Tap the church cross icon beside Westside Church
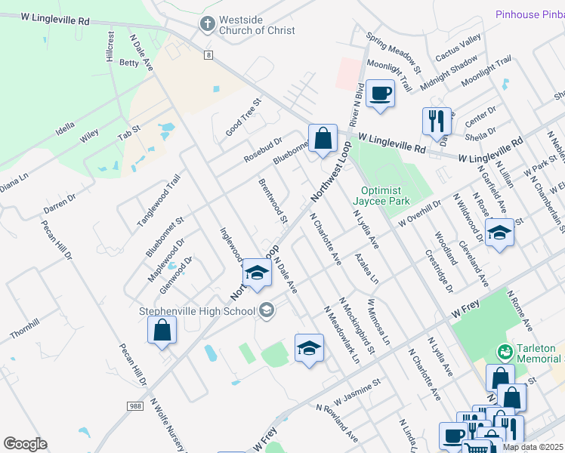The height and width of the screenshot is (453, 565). point(206,24)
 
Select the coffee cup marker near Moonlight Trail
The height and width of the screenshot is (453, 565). point(380,94)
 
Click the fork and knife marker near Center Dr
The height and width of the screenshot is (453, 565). point(437,121)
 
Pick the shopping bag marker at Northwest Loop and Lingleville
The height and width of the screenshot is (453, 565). point(323,139)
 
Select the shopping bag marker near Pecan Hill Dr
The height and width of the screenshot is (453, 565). point(162,330)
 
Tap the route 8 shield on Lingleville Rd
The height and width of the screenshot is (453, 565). point(208,54)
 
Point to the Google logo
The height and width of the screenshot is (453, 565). point(25,443)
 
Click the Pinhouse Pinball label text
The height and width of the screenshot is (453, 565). point(529,14)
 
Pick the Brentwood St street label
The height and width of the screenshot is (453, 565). point(273,201)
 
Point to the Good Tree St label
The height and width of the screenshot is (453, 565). point(242,117)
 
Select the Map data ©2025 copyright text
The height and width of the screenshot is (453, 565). point(533,447)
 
